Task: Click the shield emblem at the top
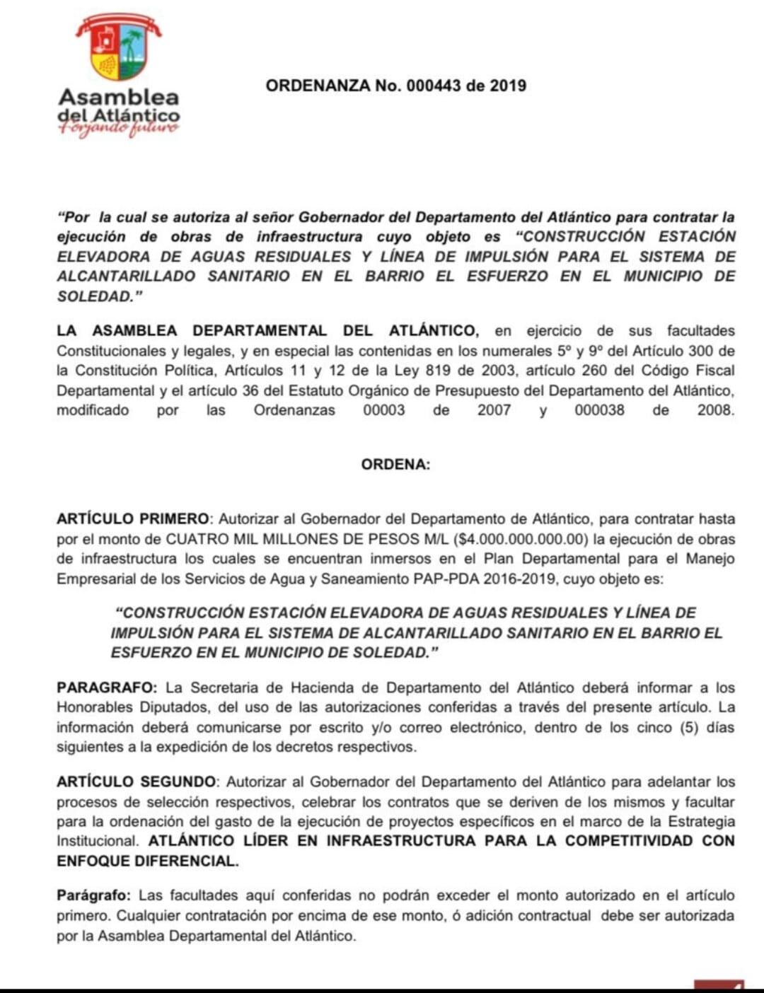[x=119, y=47]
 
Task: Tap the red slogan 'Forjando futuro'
[x=119, y=129]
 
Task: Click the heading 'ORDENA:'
[x=395, y=465]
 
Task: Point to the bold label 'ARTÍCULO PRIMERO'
[x=133, y=519]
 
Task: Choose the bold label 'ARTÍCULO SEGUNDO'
[x=137, y=782]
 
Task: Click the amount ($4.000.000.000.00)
[x=521, y=539]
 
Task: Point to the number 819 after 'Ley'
[x=438, y=371]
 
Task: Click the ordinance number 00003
[x=383, y=410]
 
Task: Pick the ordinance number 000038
[x=599, y=410]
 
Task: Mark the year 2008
[x=715, y=410]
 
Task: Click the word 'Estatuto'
[x=291, y=390]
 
